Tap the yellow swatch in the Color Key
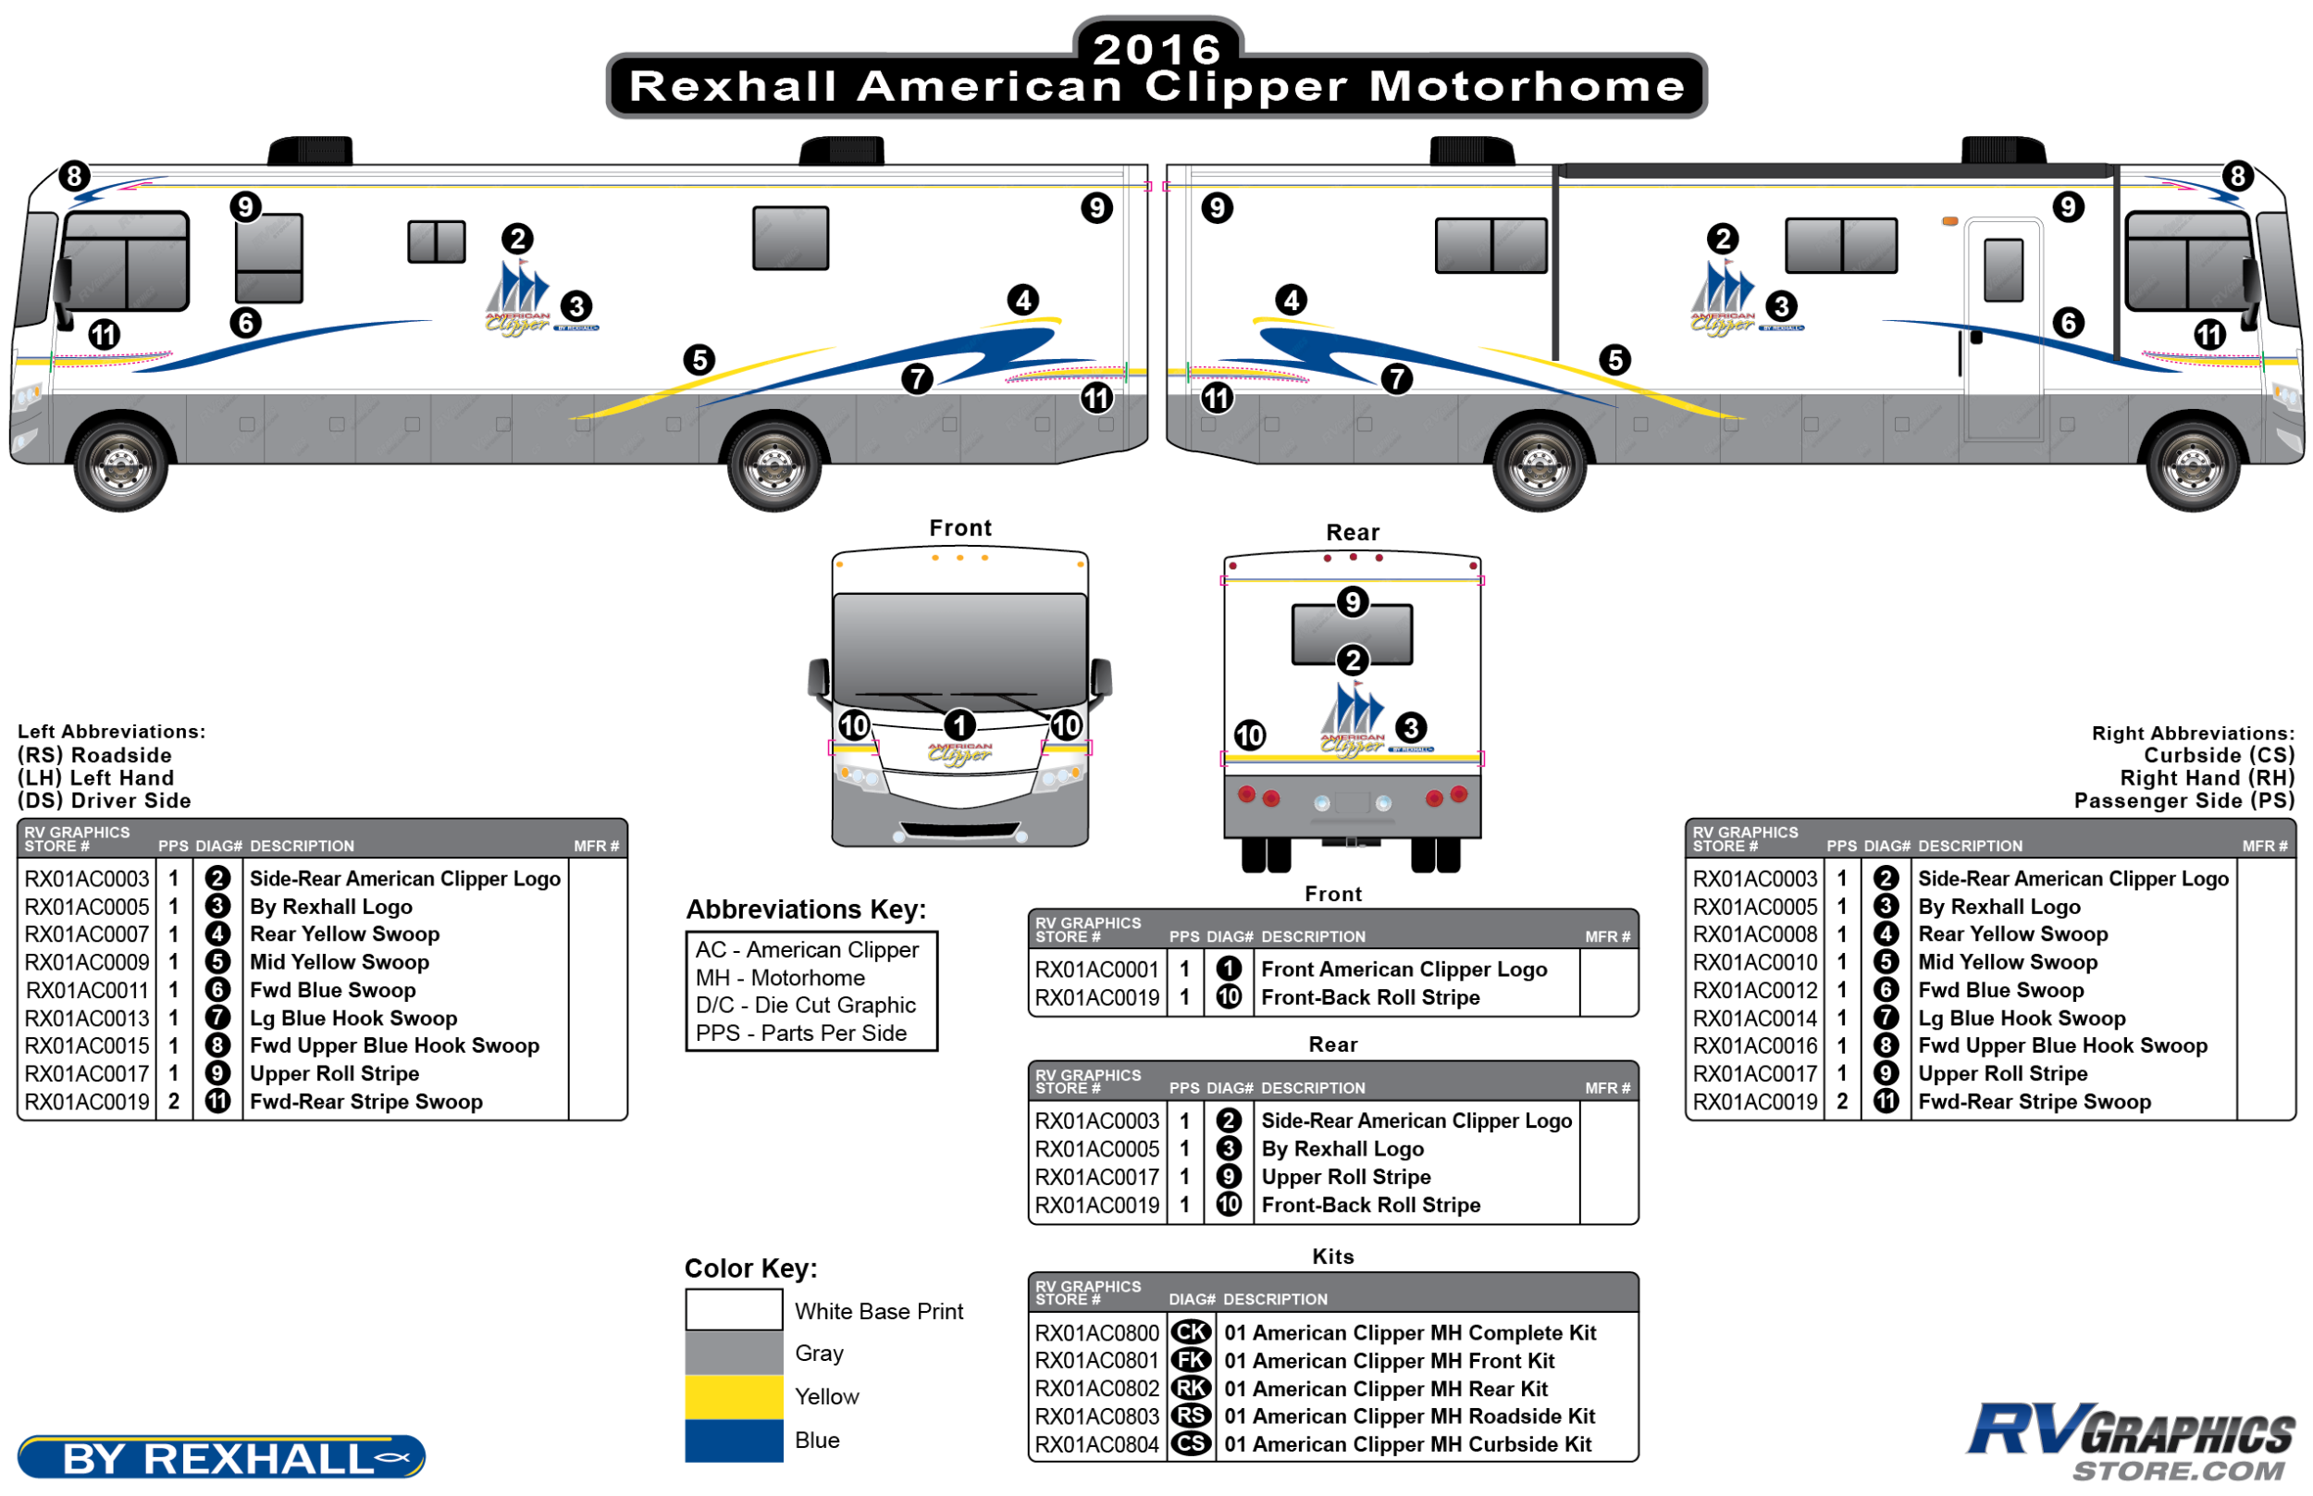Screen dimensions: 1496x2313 [x=734, y=1396]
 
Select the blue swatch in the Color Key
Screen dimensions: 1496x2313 [x=734, y=1440]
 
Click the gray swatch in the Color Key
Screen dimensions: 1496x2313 [x=734, y=1353]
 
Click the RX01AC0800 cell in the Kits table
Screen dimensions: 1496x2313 [x=1095, y=1333]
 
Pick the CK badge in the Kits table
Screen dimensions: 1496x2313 [x=1191, y=1332]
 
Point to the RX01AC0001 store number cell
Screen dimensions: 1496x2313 [x=1095, y=970]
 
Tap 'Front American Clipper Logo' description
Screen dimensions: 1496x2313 [x=1403, y=970]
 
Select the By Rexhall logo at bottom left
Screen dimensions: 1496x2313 [x=220, y=1457]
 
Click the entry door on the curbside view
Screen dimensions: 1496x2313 [x=2003, y=330]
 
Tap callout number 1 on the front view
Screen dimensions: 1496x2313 [x=959, y=724]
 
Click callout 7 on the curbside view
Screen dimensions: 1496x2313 [x=1396, y=379]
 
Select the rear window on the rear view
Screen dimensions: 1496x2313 [x=1352, y=635]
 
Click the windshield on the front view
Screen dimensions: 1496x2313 [x=959, y=646]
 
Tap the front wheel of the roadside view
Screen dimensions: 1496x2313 [x=120, y=464]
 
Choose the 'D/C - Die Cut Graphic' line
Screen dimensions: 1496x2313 [x=805, y=1006]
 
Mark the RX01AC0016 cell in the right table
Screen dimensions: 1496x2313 [x=1753, y=1046]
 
